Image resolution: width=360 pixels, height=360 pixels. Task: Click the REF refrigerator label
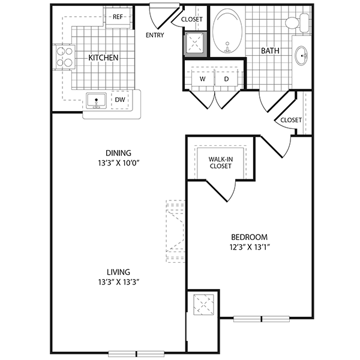point(118,17)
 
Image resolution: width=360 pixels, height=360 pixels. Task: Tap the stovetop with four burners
point(64,57)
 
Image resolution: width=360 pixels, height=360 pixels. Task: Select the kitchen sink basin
point(96,101)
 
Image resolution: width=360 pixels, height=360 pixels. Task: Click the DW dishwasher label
point(120,100)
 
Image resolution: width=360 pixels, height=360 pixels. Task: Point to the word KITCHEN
point(103,58)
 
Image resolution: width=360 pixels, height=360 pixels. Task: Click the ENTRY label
point(155,35)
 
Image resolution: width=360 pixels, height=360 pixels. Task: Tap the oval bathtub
point(227,31)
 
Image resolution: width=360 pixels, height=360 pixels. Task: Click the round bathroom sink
point(301,55)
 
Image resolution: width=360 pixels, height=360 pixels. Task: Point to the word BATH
point(270,51)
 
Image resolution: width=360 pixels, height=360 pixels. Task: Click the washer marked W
point(203,79)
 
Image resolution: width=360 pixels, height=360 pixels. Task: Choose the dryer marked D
point(227,79)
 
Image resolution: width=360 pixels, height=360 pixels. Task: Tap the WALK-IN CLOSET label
point(220,163)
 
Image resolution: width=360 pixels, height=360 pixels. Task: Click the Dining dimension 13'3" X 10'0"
point(119,163)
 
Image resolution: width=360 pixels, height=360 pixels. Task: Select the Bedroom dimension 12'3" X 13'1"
point(250,247)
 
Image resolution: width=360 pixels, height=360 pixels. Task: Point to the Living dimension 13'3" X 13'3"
point(119,282)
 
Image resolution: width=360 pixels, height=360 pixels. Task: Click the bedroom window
point(262,319)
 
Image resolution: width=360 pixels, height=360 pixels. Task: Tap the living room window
point(136,354)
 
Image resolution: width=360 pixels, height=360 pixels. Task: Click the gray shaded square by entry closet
point(195,44)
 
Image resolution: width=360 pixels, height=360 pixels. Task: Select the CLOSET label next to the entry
point(192,19)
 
